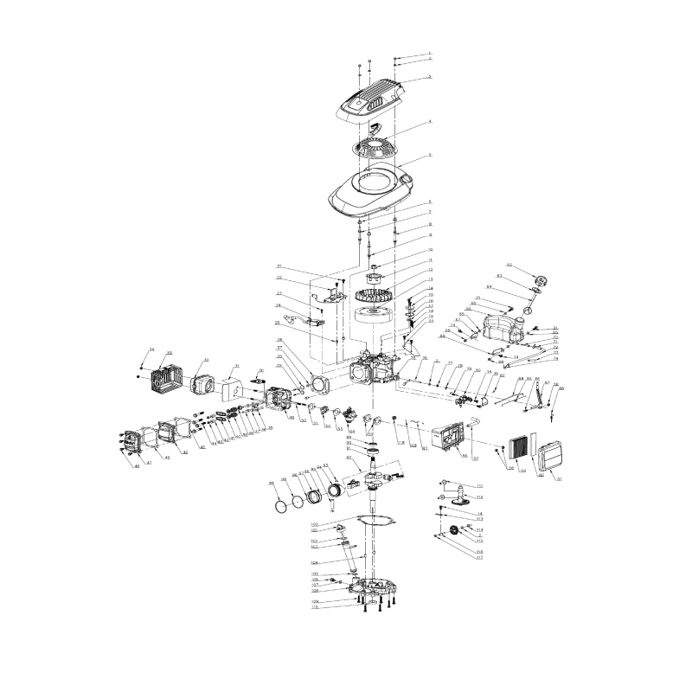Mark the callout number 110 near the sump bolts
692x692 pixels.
pos(316,606)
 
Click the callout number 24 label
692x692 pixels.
pos(279,305)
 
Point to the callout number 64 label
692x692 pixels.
pos(489,286)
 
